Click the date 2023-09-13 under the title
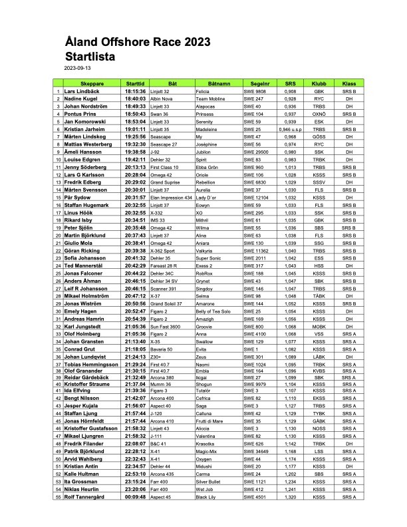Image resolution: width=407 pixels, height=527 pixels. (78, 69)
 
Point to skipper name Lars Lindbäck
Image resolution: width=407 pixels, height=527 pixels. (82, 91)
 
